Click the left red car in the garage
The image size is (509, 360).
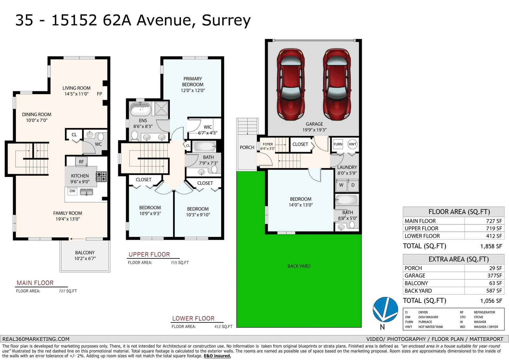coord(291,84)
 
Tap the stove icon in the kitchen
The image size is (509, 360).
coord(101,177)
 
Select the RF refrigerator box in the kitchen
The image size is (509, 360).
coord(81,161)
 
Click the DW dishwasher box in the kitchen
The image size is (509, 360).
coord(72,191)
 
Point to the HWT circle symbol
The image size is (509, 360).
coord(352,144)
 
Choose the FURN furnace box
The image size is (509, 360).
coord(338,144)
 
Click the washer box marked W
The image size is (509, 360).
coord(341,185)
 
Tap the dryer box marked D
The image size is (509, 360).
coord(353,185)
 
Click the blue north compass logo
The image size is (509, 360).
coord(385,309)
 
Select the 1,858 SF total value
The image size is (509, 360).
coord(491,246)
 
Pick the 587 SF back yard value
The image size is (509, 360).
coord(494,291)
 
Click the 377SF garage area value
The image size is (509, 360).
coord(494,276)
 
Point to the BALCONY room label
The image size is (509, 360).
coord(85,253)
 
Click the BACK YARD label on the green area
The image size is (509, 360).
coord(299,266)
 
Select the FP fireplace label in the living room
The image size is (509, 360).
coord(99,94)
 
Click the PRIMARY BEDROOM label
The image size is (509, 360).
coord(193,81)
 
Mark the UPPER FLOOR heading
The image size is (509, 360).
coord(149,254)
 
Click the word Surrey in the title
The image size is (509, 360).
coord(226,20)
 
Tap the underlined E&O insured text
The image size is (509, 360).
coord(217,356)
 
